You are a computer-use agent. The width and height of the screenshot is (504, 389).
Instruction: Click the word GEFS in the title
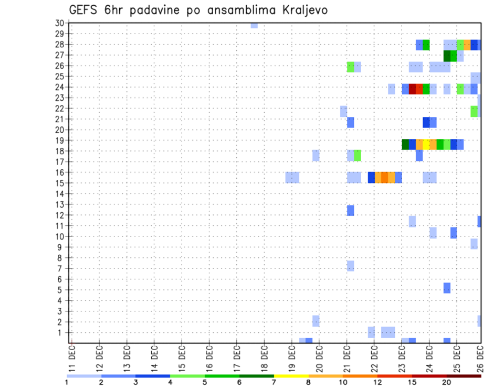85,10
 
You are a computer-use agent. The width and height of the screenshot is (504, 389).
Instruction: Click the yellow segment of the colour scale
291,376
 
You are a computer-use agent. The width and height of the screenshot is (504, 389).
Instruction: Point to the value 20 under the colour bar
446,383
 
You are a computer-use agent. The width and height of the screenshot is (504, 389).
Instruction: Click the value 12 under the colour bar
377,383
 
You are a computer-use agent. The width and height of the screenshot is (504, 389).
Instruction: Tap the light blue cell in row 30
254,25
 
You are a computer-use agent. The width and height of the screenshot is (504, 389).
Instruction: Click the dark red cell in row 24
412,89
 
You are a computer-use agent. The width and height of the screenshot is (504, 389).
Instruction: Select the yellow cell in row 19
426,144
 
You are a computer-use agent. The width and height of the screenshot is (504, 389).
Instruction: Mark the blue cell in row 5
447,288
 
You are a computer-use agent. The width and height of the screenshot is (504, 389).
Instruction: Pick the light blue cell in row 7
350,266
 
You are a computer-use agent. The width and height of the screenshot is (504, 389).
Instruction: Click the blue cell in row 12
350,210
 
